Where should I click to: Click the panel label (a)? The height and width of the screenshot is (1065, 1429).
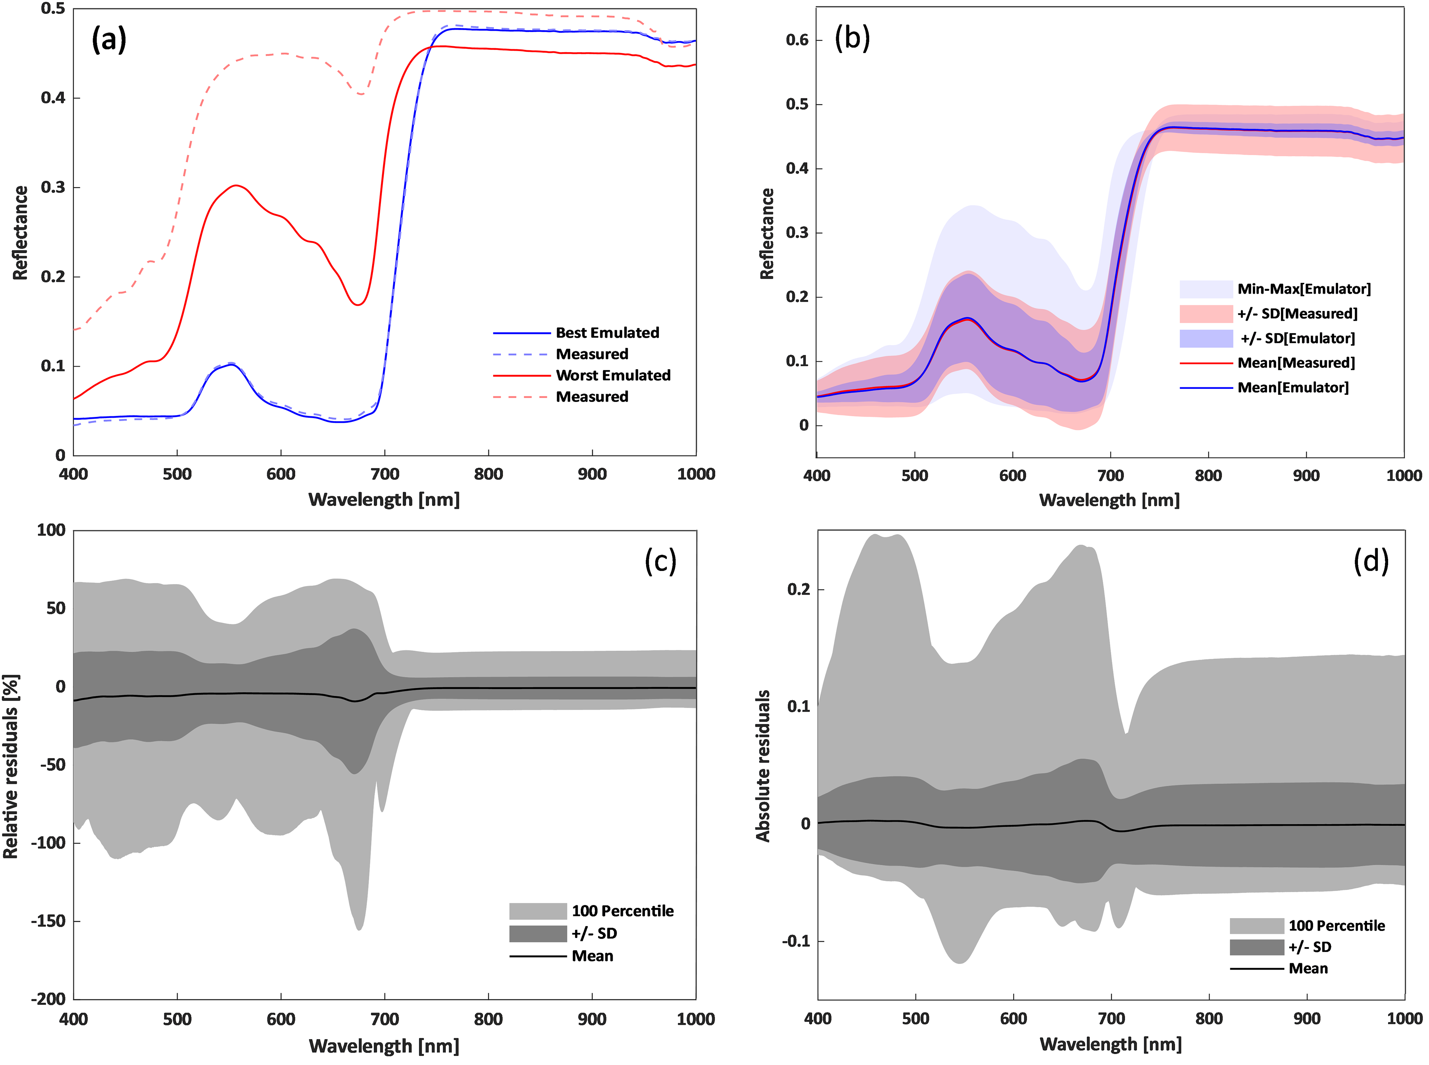pos(109,40)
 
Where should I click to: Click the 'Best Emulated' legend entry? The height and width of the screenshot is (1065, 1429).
pos(607,333)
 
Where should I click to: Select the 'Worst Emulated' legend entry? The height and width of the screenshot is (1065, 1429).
pos(613,375)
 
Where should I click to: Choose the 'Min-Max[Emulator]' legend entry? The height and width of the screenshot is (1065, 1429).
pos(1303,289)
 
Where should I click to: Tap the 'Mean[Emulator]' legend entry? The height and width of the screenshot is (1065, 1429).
pos(1292,387)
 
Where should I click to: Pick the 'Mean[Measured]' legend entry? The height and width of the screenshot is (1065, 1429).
pos(1296,363)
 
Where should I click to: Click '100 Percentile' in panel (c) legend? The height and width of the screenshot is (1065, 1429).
pos(622,911)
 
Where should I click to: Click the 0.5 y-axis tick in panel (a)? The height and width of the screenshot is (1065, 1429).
pos(53,9)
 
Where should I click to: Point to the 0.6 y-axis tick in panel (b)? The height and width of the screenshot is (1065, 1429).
pos(797,40)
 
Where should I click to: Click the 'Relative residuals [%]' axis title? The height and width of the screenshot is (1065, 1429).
pos(12,766)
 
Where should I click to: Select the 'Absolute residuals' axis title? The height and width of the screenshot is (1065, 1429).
pos(763,766)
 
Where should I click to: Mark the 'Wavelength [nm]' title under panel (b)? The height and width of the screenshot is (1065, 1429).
pos(1109,500)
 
